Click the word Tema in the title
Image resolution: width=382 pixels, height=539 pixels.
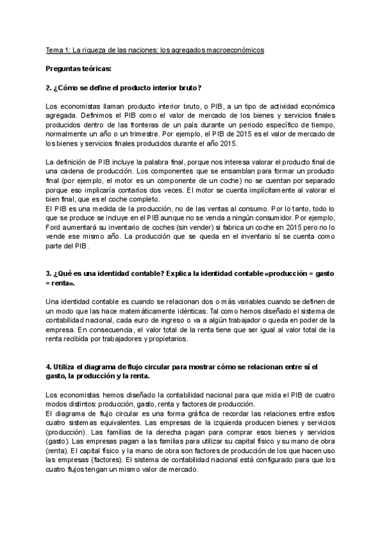pos(54,49)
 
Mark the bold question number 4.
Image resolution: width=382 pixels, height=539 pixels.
pos(50,367)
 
